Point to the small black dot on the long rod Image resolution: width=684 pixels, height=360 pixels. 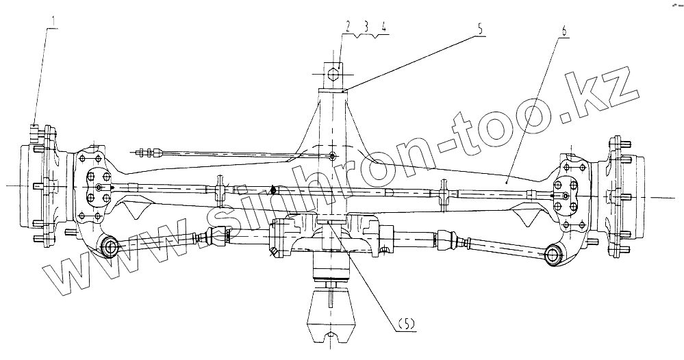(x=273, y=190)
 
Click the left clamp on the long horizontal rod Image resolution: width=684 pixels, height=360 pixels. (x=220, y=189)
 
